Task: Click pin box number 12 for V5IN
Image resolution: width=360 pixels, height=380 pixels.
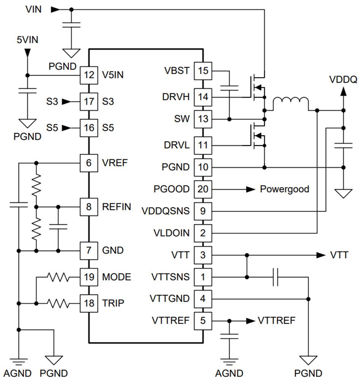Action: coord(89,75)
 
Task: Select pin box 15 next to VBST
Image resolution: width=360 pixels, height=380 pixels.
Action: coord(203,71)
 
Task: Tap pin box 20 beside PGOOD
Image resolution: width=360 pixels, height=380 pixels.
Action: coord(203,189)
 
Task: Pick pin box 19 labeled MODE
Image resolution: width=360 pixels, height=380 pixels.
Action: coord(89,277)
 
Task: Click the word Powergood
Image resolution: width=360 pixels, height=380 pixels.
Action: coord(284,189)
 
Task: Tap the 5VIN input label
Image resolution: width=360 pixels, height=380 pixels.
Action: coord(27,39)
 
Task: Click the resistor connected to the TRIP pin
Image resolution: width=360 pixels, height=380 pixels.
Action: coord(59,303)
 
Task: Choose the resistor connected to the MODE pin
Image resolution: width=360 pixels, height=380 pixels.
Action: coord(59,277)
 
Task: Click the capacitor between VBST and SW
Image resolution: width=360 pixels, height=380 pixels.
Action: coord(230,89)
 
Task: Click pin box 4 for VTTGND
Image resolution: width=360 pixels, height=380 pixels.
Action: coord(203,298)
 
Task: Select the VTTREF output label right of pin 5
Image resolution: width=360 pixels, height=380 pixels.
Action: coord(276,320)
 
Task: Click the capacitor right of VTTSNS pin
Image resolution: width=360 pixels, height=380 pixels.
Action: coord(277,277)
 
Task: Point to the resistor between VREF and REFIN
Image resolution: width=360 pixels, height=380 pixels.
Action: coord(36,185)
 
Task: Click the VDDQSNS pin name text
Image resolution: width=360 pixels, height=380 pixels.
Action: coord(165,211)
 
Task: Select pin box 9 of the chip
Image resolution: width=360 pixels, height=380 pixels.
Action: coord(203,211)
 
